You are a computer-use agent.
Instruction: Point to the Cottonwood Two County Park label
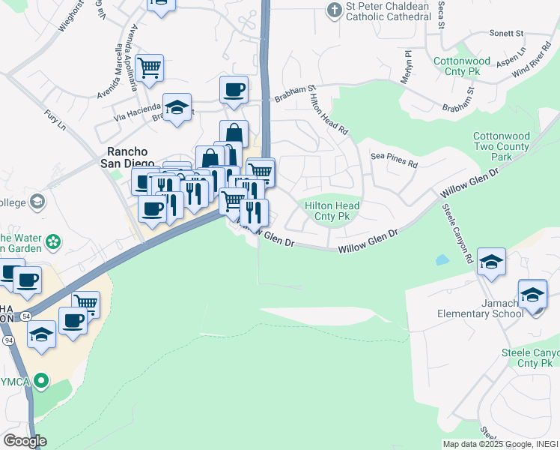(x=502, y=146)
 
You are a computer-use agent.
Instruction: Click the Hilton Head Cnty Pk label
(x=332, y=211)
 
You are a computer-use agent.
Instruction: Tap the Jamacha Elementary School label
(x=481, y=307)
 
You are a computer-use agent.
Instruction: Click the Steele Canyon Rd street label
(x=457, y=232)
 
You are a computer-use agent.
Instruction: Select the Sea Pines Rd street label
(x=394, y=158)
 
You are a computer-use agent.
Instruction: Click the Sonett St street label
(x=506, y=34)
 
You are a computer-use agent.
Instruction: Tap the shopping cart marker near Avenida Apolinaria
(x=150, y=67)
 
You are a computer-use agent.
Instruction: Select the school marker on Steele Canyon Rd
(x=491, y=262)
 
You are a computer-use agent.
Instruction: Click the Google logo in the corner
(x=25, y=440)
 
